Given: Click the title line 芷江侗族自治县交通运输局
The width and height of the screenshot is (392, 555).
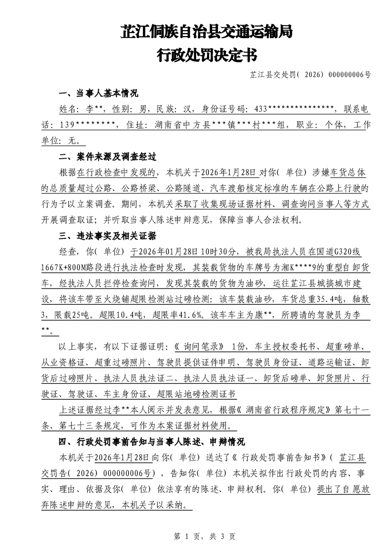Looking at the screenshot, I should (x=207, y=32).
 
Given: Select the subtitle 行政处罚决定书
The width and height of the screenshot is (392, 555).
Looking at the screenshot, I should (x=207, y=55).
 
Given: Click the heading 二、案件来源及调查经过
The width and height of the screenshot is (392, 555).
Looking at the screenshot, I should (x=108, y=157).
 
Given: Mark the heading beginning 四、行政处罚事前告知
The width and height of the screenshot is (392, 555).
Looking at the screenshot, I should (x=152, y=441).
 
